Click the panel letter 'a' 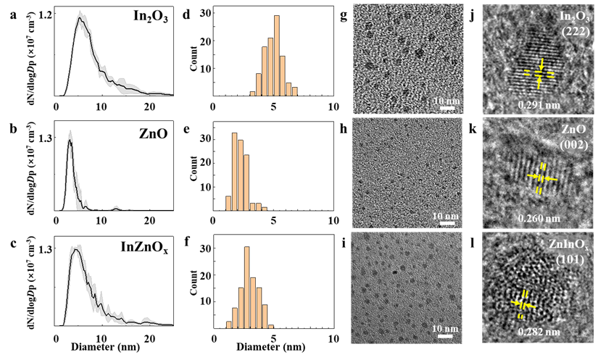(x=10, y=12)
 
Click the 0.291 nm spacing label (x=539, y=105)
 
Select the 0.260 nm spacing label (x=539, y=219)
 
